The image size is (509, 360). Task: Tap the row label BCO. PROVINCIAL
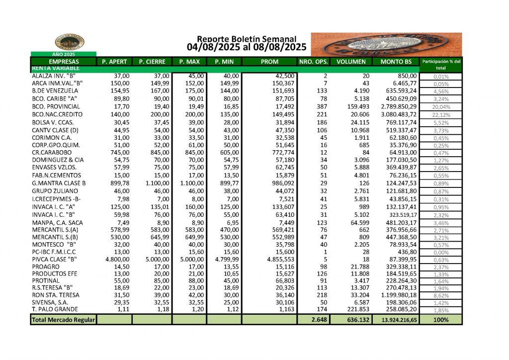(x=56, y=106)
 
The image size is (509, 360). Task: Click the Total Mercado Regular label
(x=63, y=320)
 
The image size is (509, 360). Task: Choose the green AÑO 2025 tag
(x=63, y=54)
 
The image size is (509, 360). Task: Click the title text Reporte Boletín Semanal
(x=247, y=39)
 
